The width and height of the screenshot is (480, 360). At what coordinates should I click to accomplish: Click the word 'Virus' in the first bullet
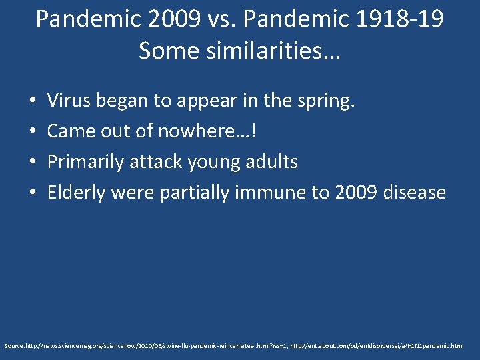(69, 101)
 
